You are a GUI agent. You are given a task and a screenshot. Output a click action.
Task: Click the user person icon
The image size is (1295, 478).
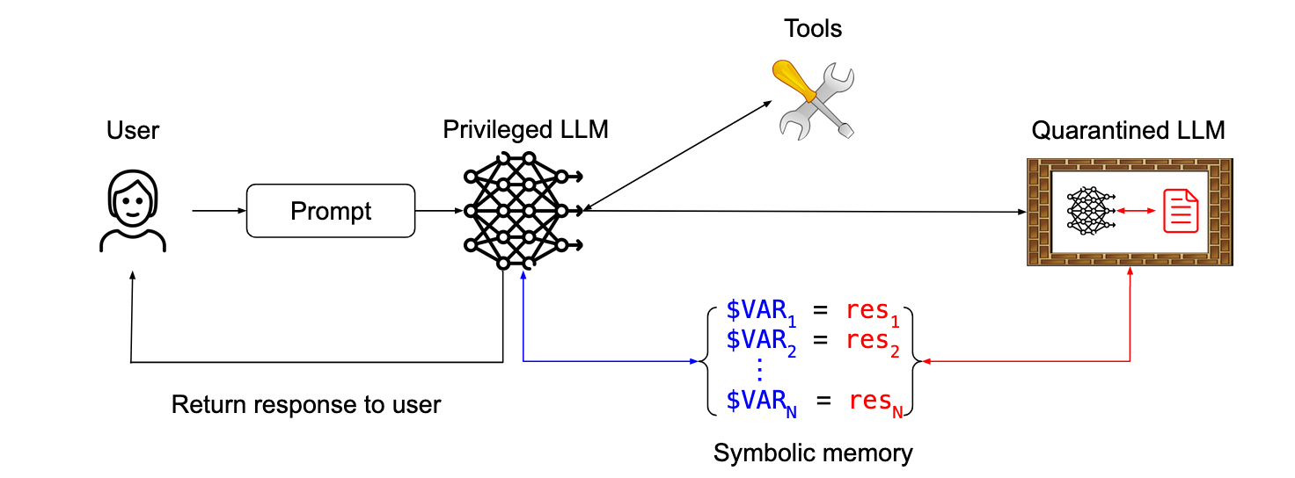[x=133, y=212]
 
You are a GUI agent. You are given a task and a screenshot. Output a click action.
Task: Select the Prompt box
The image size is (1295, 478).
[x=331, y=211]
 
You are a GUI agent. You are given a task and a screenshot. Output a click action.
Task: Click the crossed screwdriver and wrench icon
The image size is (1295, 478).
[x=812, y=99]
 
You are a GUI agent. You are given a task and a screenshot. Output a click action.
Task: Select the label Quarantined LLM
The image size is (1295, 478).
[x=1128, y=132]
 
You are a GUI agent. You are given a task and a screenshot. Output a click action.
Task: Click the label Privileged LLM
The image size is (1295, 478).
[x=525, y=130]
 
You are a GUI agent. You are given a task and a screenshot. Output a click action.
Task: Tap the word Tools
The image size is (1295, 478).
[x=813, y=28]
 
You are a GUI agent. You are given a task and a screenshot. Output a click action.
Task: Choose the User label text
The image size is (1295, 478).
[x=133, y=131]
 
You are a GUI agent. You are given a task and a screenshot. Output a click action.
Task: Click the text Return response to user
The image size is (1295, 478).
[x=305, y=405]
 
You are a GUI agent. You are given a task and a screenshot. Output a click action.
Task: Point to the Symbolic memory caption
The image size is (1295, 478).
[x=813, y=453]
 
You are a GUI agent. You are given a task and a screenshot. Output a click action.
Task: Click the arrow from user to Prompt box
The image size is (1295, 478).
[x=218, y=211]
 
